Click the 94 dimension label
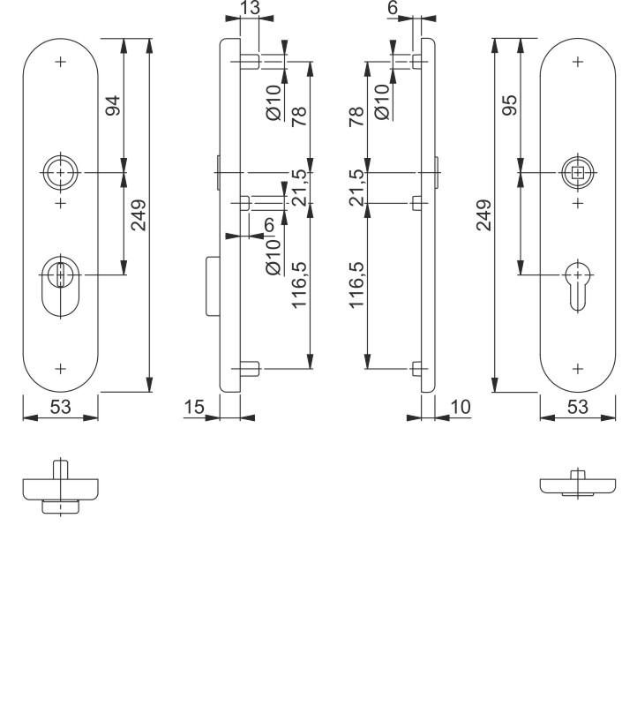click(x=113, y=106)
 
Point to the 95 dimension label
click(x=509, y=105)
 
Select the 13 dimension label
click(x=250, y=8)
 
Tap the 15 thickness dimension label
click(x=194, y=407)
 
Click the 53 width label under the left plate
click(x=60, y=407)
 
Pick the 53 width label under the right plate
click(x=577, y=407)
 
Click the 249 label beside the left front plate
click(x=139, y=215)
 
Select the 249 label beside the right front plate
click(x=483, y=215)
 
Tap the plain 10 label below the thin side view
click(x=460, y=407)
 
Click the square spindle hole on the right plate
click(x=578, y=172)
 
